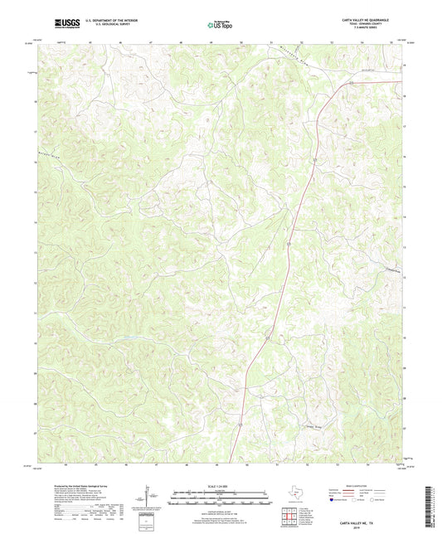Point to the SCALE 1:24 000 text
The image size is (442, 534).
point(220,484)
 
